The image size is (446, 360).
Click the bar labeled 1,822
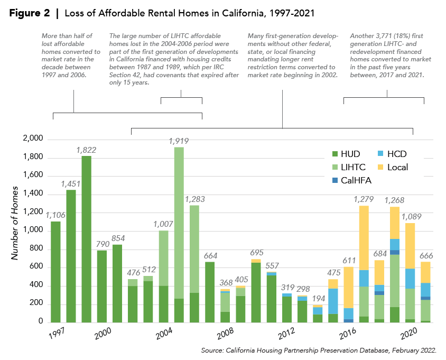click(86, 239)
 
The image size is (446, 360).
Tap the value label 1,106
click(55, 215)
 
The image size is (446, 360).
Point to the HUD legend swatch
click(334, 154)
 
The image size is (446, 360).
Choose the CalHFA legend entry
click(358, 181)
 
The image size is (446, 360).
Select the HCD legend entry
click(397, 154)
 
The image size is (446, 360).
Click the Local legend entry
click(397, 168)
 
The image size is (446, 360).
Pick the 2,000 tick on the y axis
click(33, 140)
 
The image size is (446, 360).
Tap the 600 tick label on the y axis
click(36, 267)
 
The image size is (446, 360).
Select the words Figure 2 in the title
click(31, 12)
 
